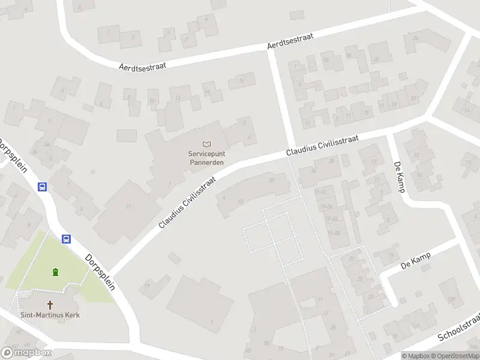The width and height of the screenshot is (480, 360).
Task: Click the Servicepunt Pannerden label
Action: (x=206, y=157)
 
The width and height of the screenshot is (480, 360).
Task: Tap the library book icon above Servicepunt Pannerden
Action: (x=207, y=144)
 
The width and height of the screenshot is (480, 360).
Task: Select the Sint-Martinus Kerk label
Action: (x=50, y=314)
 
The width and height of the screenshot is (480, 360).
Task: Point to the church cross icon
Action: (x=50, y=305)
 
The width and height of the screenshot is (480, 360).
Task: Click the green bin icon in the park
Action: (x=55, y=272)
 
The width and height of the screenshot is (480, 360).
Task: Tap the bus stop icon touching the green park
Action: (x=67, y=239)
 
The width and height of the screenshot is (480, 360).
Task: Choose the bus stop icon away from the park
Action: (x=42, y=187)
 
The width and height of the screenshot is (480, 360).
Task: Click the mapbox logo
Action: (x=26, y=353)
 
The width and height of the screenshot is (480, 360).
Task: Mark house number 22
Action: (x=377, y=59)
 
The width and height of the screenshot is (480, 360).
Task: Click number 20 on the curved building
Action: (x=271, y=179)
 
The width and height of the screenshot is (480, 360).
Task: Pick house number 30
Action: (x=332, y=161)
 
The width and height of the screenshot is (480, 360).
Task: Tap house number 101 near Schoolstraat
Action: (x=415, y=326)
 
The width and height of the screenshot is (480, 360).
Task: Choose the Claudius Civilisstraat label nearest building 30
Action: (x=322, y=146)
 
